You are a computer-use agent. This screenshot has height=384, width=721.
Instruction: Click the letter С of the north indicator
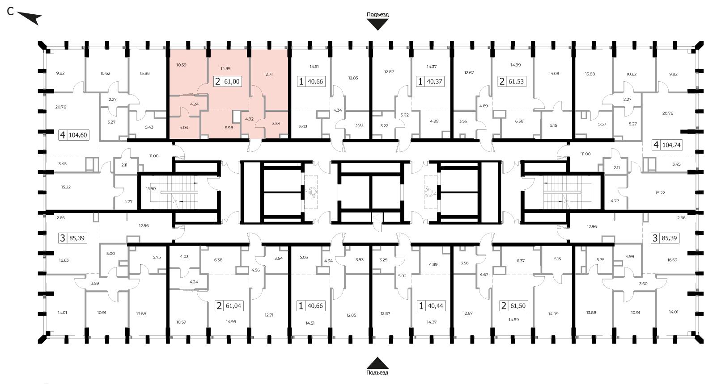[10, 12]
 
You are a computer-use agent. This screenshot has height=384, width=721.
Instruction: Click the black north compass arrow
[30, 18]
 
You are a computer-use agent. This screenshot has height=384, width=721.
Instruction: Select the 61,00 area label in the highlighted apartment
[232, 82]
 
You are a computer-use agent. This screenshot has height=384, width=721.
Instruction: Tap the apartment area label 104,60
[78, 135]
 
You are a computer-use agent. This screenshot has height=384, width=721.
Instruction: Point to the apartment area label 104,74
[671, 145]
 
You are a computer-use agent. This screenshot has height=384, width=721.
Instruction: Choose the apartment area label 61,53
[516, 82]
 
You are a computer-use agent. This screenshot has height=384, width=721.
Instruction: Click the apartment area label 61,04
[233, 306]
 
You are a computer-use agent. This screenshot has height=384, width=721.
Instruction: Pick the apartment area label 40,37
[435, 82]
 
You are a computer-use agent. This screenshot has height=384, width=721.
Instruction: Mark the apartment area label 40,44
[436, 306]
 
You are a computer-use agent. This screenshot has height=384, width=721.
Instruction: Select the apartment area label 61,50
[518, 306]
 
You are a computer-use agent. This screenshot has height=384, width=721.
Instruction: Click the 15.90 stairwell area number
[151, 188]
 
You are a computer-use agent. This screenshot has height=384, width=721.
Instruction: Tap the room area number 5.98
[229, 128]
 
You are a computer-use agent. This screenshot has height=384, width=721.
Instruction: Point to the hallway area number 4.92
[250, 119]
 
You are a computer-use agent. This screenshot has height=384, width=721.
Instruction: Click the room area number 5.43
[149, 127]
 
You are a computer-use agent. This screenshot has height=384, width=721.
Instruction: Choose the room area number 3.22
[384, 125]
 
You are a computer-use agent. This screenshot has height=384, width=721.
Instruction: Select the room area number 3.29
[383, 259]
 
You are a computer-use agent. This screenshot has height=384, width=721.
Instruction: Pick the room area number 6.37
[521, 261]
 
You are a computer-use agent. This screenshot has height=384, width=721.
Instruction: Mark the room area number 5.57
[602, 124]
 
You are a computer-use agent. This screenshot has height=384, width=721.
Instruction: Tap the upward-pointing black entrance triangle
[377, 363]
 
